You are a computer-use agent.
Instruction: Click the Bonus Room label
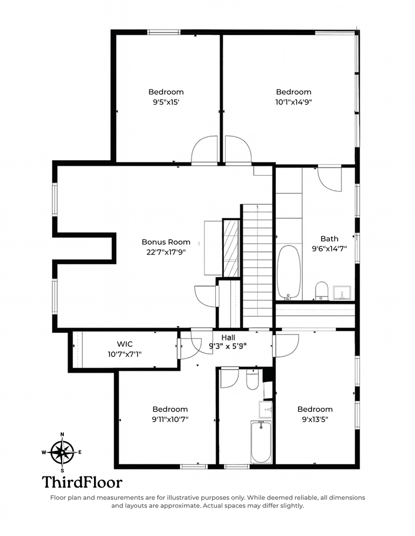click(x=166, y=242)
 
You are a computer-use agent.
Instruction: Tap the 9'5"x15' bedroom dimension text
click(x=166, y=102)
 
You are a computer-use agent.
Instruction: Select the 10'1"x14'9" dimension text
click(x=294, y=102)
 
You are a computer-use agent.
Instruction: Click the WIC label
click(x=125, y=344)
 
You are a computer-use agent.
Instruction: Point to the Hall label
click(x=228, y=338)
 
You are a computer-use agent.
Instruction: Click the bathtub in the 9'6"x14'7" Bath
click(x=289, y=272)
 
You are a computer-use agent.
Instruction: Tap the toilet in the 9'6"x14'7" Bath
click(x=322, y=290)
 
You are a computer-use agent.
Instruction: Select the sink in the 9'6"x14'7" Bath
click(x=342, y=293)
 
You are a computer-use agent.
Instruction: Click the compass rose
click(x=62, y=452)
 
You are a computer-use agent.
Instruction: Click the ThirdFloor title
click(x=82, y=482)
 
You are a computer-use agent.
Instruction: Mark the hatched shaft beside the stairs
click(x=231, y=248)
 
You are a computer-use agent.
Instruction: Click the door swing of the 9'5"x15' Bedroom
click(x=205, y=149)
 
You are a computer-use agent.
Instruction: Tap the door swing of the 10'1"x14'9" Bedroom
click(x=238, y=149)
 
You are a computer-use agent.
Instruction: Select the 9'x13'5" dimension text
click(x=315, y=420)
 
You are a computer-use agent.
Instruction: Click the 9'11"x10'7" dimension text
click(x=170, y=420)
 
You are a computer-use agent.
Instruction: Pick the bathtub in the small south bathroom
click(x=261, y=442)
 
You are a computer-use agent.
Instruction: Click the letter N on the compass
click(x=62, y=435)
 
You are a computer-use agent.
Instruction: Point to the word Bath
click(x=330, y=239)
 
